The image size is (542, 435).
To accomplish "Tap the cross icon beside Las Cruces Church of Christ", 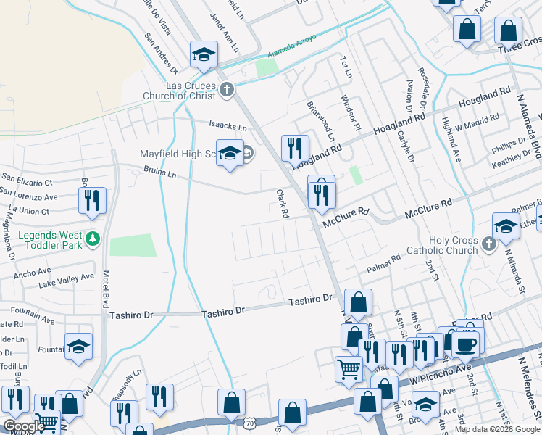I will click(228, 90).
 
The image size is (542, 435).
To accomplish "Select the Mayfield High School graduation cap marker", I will click(230, 154).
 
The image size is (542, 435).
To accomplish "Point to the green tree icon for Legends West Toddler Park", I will click(92, 238).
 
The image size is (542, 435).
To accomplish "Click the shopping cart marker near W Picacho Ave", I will click(349, 369).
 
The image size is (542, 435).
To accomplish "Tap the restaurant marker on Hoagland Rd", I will click(294, 149).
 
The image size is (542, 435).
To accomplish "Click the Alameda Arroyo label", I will click(292, 43).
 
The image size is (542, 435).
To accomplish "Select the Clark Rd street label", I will click(283, 204).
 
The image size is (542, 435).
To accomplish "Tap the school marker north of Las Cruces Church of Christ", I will click(204, 55).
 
